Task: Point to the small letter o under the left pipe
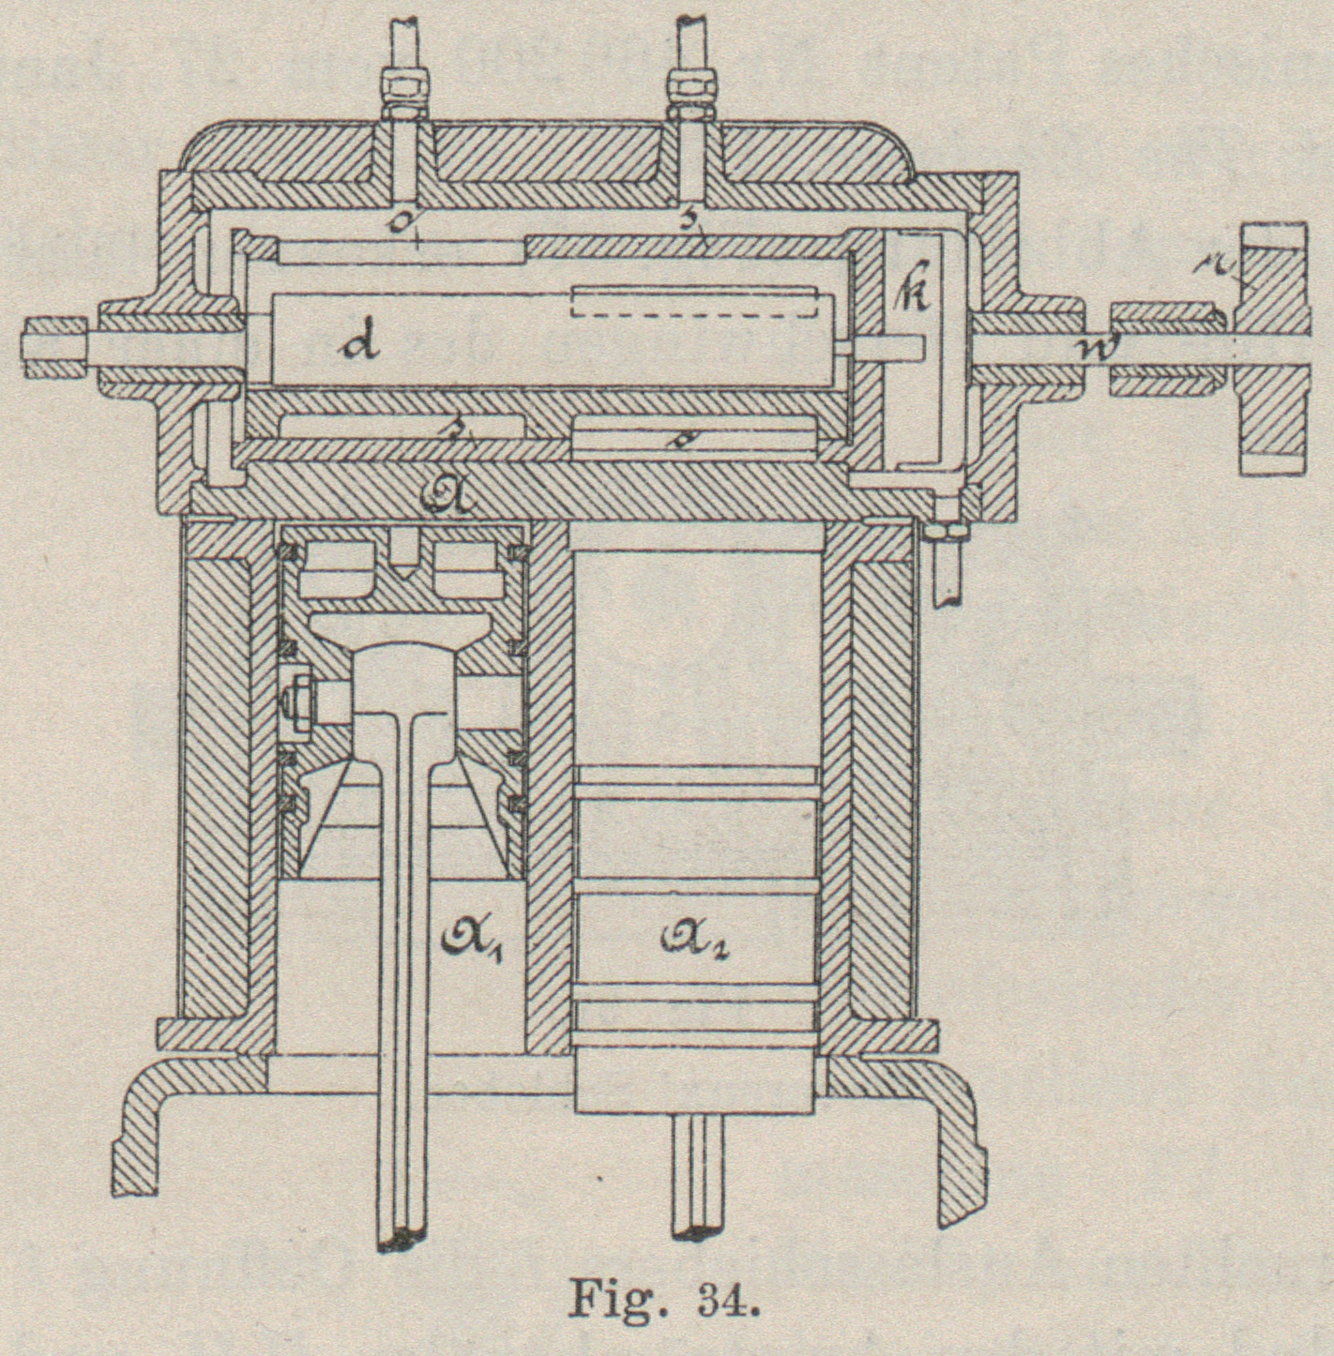click(404, 222)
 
